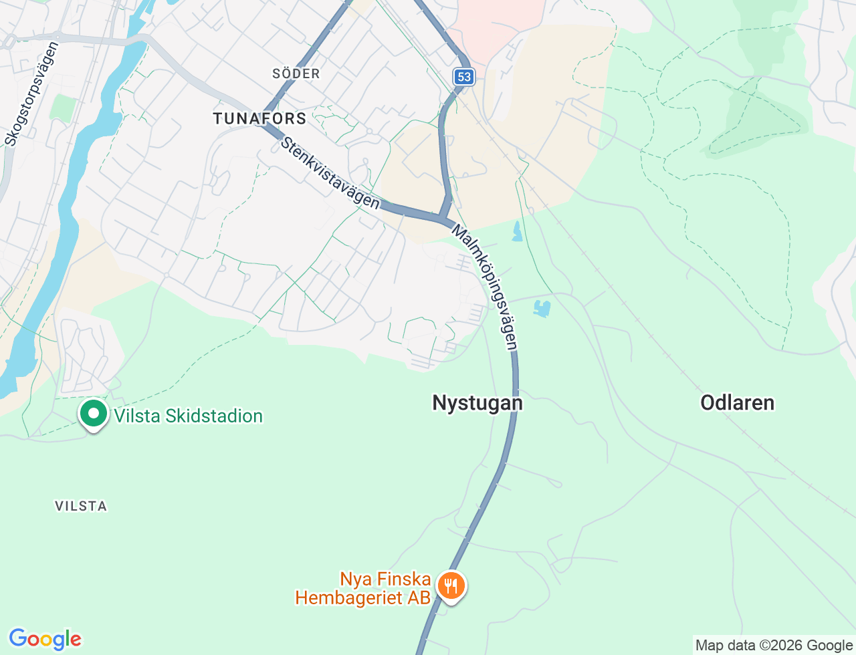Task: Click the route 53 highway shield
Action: [x=464, y=77]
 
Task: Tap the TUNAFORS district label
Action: [x=259, y=119]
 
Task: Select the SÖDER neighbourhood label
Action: [x=296, y=74]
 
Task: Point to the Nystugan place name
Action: [x=477, y=403]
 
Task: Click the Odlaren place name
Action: [x=737, y=402]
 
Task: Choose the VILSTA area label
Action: [x=81, y=506]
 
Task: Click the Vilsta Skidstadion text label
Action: [x=188, y=416]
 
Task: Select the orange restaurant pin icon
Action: [x=451, y=586]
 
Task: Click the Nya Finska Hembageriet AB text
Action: [x=363, y=588]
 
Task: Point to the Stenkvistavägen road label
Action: [x=330, y=173]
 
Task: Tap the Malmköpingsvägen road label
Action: [x=486, y=287]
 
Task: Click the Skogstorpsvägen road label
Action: [x=32, y=94]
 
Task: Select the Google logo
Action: [x=45, y=639]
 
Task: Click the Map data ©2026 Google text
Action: [x=774, y=645]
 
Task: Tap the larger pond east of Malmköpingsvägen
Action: [x=542, y=309]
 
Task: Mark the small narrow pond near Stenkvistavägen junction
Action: [x=517, y=231]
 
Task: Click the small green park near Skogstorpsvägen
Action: [x=64, y=108]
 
